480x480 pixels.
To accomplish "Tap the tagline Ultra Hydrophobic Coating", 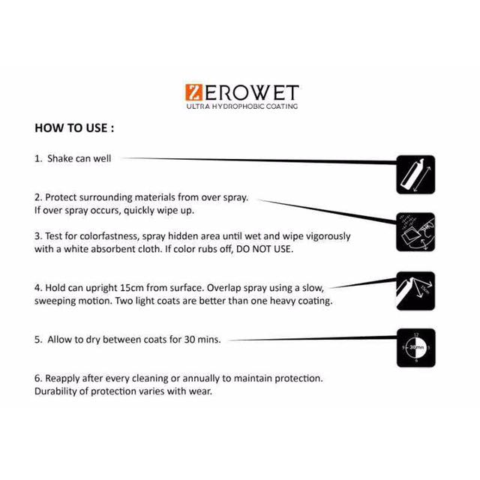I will click(x=241, y=106).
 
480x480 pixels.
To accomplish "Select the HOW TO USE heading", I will click(x=74, y=127).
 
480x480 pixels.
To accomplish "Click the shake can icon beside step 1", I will click(x=415, y=174).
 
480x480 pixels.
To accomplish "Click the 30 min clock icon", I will click(x=415, y=347).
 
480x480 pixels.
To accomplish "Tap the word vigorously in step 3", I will click(x=324, y=235).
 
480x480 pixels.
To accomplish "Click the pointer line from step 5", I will click(x=315, y=340).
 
